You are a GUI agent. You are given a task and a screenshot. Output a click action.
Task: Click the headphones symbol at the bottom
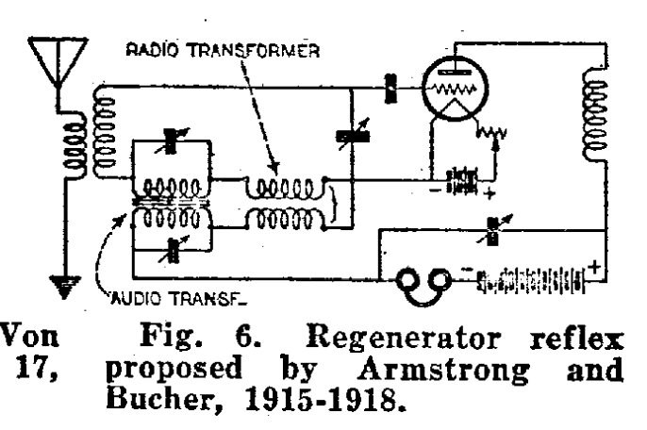click(421, 281)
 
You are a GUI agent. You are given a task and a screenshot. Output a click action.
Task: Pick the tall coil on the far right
click(593, 105)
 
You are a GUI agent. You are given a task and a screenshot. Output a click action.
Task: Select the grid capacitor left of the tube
click(389, 91)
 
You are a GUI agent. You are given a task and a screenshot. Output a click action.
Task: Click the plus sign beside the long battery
click(596, 265)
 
